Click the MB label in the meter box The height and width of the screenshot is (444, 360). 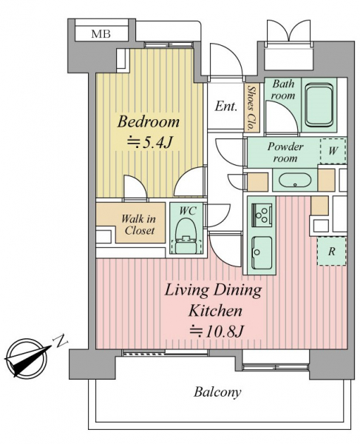(101, 34)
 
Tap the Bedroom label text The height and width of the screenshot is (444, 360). (149, 122)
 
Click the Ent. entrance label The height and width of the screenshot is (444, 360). (225, 107)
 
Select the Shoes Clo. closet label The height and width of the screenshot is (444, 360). (251, 108)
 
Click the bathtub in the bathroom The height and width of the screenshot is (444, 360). (319, 104)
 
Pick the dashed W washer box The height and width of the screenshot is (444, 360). (333, 151)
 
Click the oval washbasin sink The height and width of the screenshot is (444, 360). (295, 181)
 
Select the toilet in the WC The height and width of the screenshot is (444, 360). (186, 236)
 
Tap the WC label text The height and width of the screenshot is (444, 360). (188, 211)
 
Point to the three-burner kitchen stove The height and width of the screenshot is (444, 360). (262, 216)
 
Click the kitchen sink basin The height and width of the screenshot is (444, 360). (262, 252)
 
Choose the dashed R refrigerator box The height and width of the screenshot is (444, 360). (332, 252)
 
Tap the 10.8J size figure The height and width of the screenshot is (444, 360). (217, 331)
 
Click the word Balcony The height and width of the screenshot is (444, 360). (217, 392)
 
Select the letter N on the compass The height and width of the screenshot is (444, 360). (61, 341)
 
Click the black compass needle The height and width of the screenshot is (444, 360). (27, 358)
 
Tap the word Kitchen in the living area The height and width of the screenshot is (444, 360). (215, 311)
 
